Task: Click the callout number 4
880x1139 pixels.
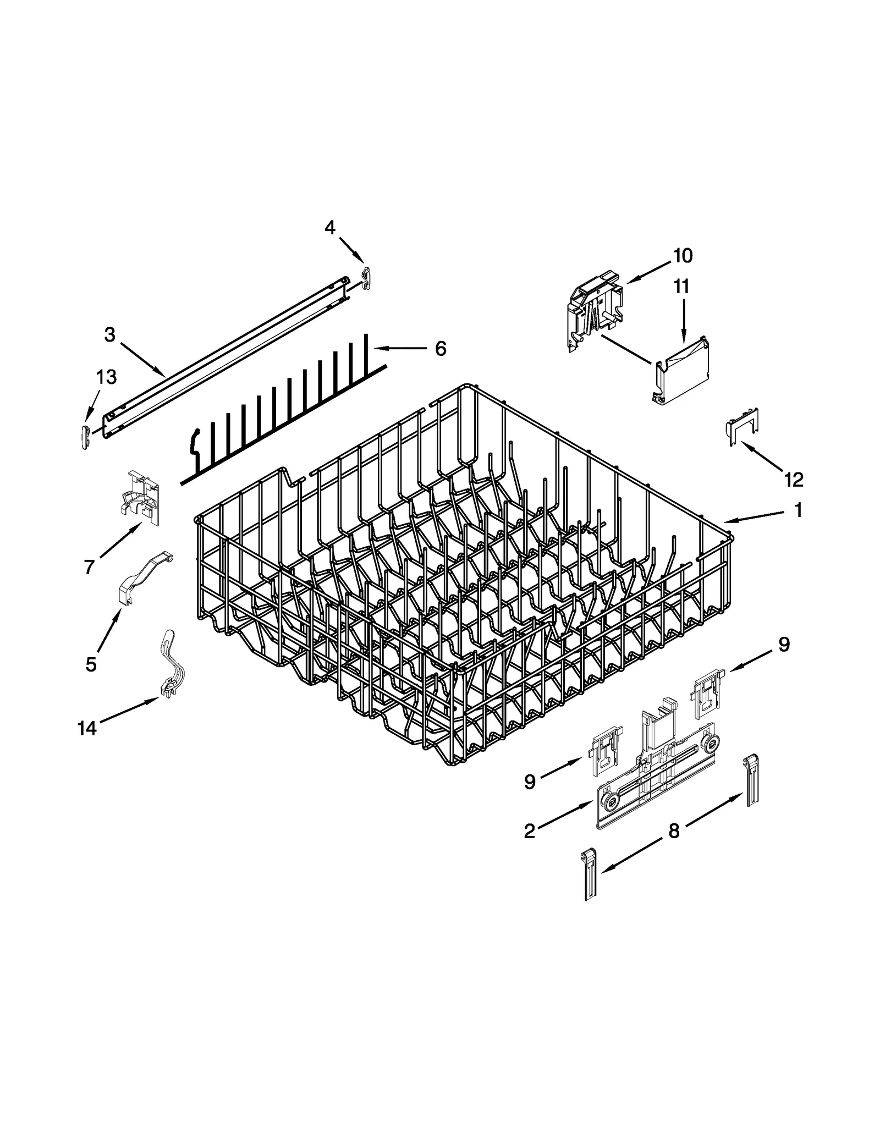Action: click(329, 227)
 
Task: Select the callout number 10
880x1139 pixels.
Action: click(683, 256)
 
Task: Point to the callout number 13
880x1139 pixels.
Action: click(106, 377)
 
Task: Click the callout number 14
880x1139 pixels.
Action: click(87, 729)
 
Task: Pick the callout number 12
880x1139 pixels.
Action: click(794, 480)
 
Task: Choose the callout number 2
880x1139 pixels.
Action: click(529, 832)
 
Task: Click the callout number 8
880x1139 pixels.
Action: click(674, 831)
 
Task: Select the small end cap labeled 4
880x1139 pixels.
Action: click(368, 277)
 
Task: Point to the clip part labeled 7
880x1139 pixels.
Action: click(141, 492)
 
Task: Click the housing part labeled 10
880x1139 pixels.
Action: click(596, 311)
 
